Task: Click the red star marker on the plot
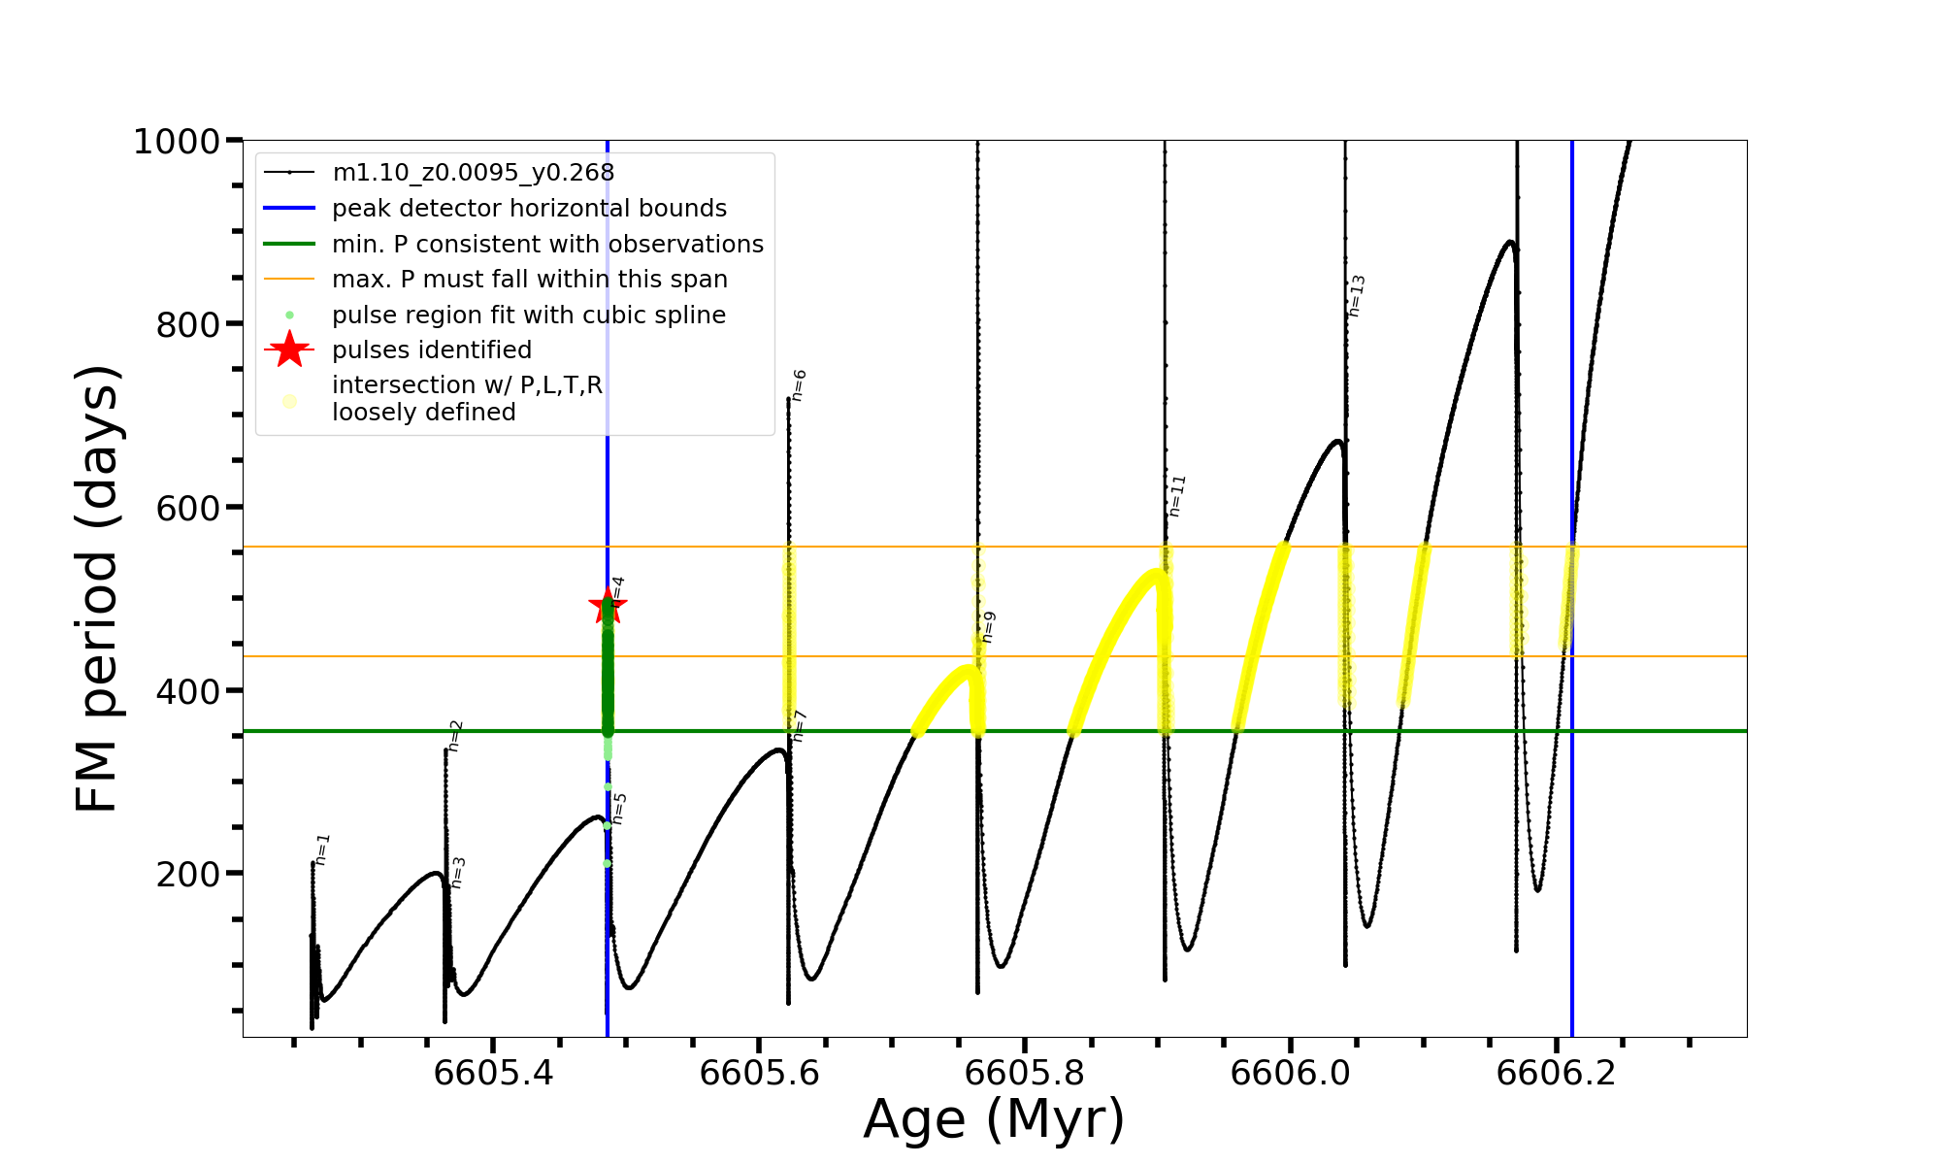click(608, 607)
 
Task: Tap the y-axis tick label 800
click(188, 324)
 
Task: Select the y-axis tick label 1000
click(177, 142)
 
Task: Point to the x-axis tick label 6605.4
click(493, 1073)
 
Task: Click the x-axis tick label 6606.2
click(1556, 1073)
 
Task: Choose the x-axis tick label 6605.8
click(1025, 1073)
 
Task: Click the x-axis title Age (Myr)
click(994, 1118)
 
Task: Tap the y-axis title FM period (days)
click(97, 588)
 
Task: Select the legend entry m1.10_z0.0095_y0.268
click(473, 173)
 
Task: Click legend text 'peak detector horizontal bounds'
click(529, 209)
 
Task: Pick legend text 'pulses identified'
click(432, 350)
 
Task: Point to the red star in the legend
click(289, 349)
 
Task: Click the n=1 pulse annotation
click(323, 849)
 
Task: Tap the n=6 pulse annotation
click(799, 385)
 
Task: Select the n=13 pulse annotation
click(1357, 296)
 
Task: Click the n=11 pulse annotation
click(1177, 496)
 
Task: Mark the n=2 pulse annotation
click(455, 736)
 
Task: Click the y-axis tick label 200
click(188, 874)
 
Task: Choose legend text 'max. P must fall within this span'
click(529, 280)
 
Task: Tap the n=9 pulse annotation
click(988, 627)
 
